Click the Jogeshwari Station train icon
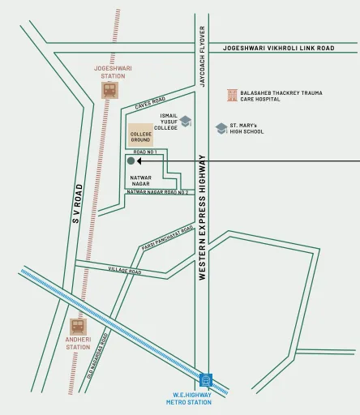point(109,90)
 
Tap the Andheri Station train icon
point(78,327)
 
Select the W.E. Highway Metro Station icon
point(206,379)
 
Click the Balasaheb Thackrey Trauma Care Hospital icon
point(232,96)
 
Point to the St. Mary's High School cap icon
point(221,128)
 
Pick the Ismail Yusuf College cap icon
point(186,122)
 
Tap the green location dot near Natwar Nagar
point(131,161)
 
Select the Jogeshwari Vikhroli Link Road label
point(278,49)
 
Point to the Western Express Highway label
point(202,217)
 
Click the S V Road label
point(78,203)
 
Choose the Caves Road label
point(150,101)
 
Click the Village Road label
point(124,271)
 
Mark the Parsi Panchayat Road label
point(168,237)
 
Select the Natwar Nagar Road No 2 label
point(157,192)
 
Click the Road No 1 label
point(144,152)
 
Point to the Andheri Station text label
point(78,344)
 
